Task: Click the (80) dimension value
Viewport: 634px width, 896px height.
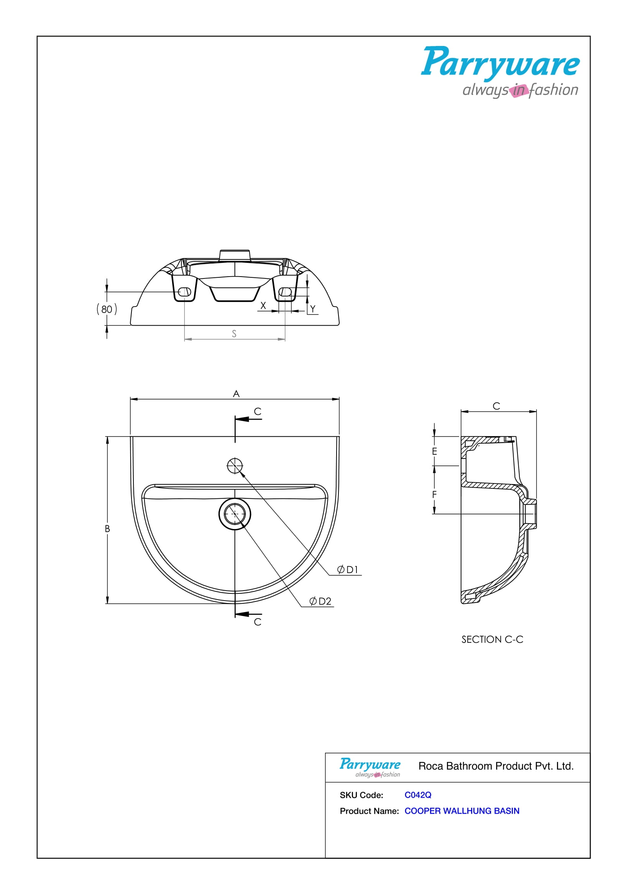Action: point(107,309)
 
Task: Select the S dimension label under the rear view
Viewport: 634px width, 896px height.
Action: point(234,334)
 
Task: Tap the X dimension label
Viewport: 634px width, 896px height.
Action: point(263,306)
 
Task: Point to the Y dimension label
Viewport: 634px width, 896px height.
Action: point(313,309)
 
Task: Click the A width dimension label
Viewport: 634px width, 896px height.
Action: point(236,394)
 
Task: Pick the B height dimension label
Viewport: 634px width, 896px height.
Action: point(107,529)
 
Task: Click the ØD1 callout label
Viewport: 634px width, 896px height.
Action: point(347,570)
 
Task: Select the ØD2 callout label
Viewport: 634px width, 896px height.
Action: point(320,601)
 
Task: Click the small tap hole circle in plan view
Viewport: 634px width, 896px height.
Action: point(235,465)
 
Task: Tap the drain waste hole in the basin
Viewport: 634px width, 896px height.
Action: point(235,514)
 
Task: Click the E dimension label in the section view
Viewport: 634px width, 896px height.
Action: point(435,452)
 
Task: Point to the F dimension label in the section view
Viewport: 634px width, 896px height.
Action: point(435,495)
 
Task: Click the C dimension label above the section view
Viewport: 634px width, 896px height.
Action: point(496,406)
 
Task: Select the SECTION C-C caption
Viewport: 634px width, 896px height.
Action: point(492,640)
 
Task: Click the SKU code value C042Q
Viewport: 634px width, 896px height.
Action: point(418,795)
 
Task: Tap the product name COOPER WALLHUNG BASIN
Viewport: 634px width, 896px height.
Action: point(462,811)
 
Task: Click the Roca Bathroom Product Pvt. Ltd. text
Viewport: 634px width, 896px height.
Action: point(496,766)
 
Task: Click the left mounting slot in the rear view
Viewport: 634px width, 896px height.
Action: point(185,292)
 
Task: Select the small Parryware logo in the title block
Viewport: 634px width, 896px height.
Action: point(370,767)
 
